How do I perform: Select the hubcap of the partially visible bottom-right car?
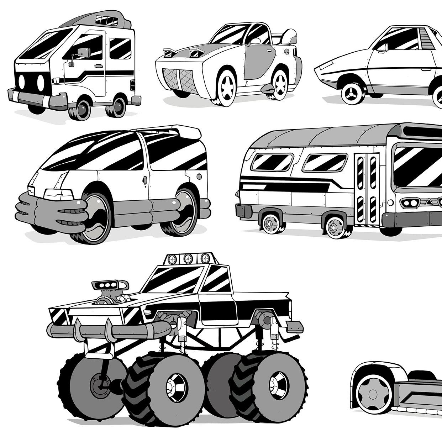click(372, 393)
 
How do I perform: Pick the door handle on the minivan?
click(145, 180)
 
